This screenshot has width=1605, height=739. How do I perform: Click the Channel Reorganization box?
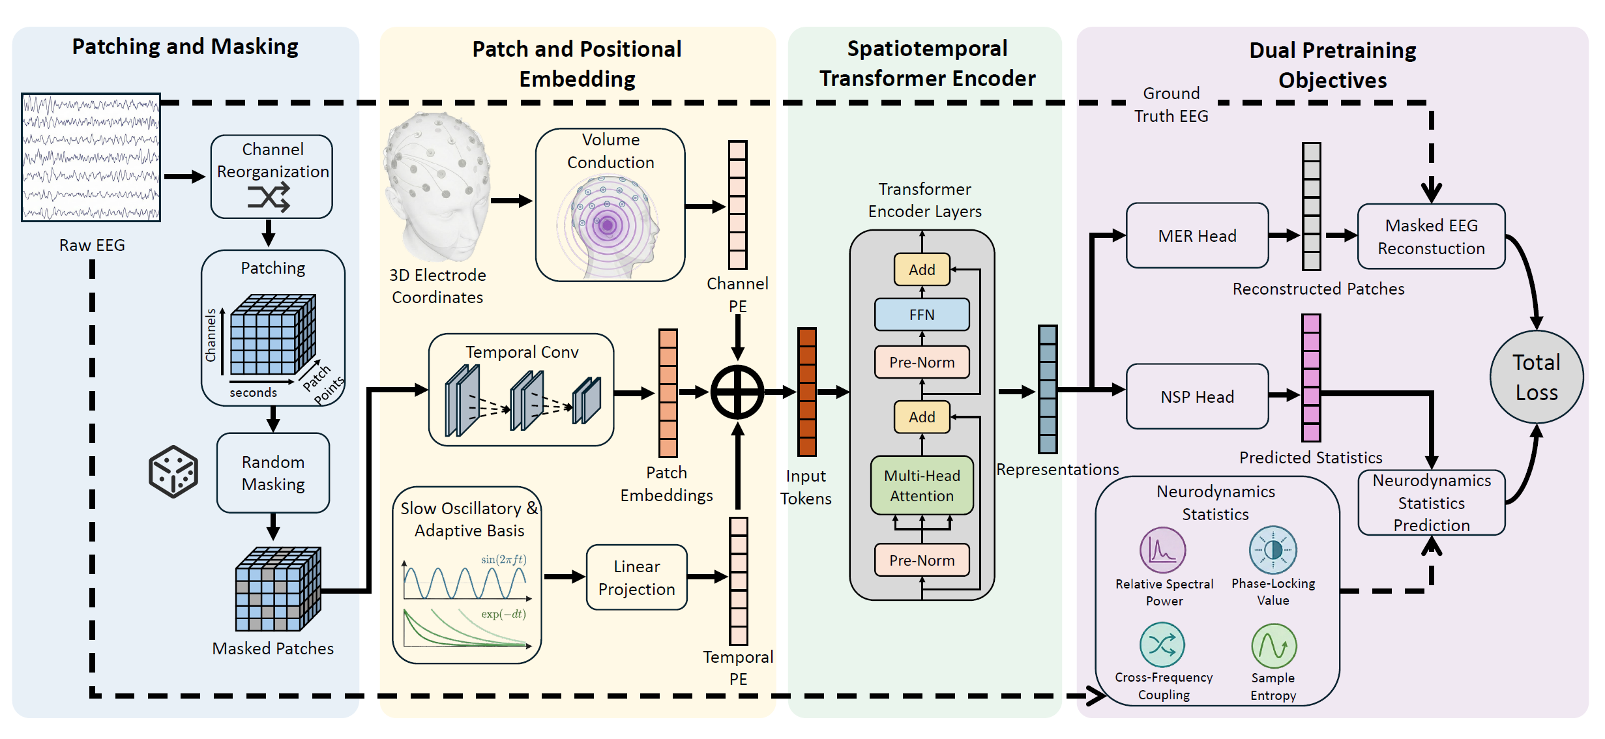[272, 176]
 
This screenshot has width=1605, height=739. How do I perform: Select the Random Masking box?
[273, 473]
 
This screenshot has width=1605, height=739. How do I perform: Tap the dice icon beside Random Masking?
[173, 472]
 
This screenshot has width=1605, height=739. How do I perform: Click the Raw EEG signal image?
[91, 157]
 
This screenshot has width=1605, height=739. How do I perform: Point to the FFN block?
[922, 315]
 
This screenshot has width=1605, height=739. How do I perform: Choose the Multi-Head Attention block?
[922, 485]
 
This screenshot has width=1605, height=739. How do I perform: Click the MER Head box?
[1197, 236]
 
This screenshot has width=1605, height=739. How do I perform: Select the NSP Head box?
[1197, 397]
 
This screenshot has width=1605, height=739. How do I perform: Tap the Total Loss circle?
[1537, 377]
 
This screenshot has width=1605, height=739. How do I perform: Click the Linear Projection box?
[636, 578]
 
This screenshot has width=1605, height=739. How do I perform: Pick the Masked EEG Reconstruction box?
[1431, 237]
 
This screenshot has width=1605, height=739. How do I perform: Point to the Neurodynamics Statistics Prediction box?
[1432, 502]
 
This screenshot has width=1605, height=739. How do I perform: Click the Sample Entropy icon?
[1274, 646]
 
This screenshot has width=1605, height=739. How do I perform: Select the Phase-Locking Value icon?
[1273, 550]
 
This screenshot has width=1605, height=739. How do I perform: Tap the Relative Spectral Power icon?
[1162, 550]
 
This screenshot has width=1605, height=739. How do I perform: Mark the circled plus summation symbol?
[737, 392]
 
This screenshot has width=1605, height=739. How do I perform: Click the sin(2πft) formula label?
[503, 560]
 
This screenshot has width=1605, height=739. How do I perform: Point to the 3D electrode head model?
[437, 186]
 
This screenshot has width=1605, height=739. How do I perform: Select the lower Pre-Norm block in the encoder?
[922, 560]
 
